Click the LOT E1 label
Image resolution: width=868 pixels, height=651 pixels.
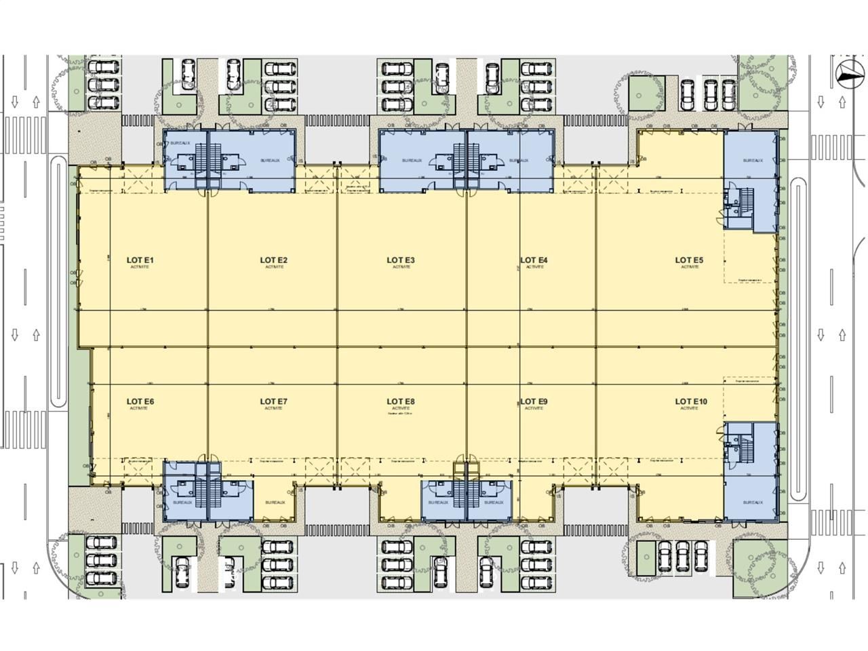point(141,260)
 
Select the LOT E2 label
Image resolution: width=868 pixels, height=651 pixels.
point(274,260)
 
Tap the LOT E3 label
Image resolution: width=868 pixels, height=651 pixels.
point(401,260)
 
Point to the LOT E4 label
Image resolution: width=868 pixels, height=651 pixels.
point(534,260)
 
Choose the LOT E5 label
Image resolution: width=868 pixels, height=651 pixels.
point(690,260)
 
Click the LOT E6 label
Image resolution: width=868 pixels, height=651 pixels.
point(140,401)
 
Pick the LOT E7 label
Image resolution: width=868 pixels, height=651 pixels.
point(274,401)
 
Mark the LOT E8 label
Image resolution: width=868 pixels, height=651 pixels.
point(401,401)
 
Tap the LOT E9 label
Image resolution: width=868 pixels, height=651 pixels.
point(534,401)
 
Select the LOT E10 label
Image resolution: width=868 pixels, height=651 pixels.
point(691,401)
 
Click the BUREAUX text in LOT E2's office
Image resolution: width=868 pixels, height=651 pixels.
point(271,161)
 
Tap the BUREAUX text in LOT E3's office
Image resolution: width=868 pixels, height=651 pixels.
point(412,161)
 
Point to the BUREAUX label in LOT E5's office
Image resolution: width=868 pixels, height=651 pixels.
point(752,161)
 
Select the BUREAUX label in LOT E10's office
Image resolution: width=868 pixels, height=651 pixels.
point(752,502)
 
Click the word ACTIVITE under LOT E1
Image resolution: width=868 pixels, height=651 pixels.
point(141,267)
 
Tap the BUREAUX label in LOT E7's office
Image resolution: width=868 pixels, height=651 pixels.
point(275,502)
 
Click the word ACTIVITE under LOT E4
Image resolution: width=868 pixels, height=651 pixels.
point(534,267)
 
